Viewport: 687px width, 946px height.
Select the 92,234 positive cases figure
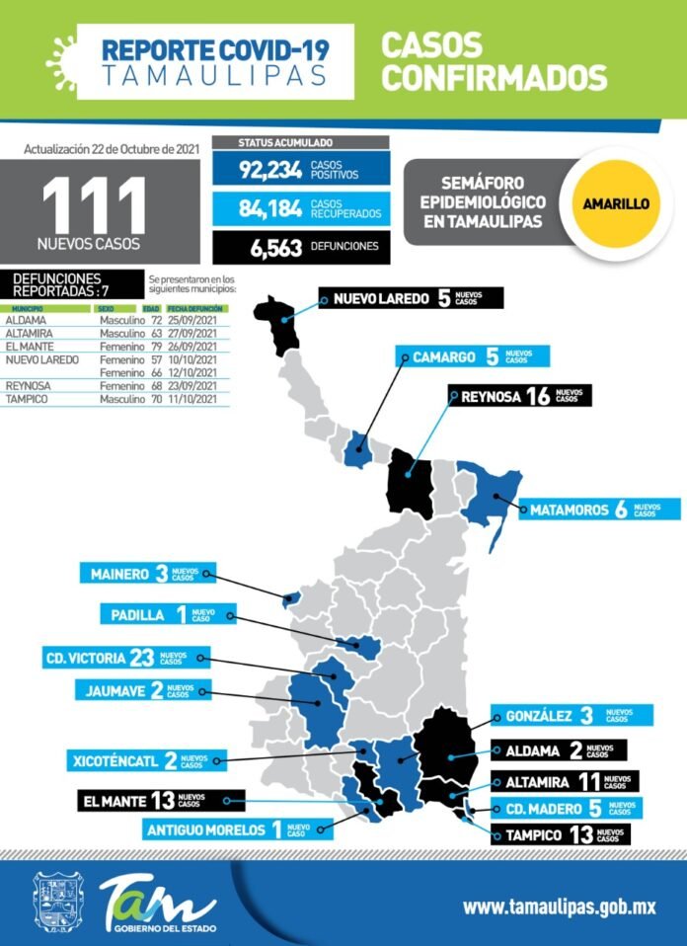click(269, 170)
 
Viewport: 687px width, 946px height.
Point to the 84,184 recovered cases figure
click(269, 207)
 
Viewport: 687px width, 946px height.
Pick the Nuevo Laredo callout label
click(411, 298)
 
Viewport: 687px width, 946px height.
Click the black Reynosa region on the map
click(409, 484)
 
